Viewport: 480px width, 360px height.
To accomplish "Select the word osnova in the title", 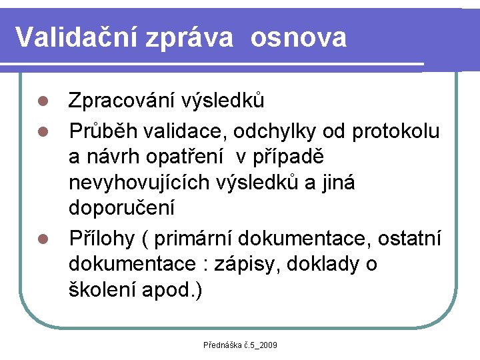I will [299, 37].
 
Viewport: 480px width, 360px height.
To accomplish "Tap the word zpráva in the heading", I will [198, 39].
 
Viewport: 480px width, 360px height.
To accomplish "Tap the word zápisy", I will [244, 264].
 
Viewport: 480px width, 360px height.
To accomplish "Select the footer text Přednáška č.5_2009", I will [240, 345].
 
